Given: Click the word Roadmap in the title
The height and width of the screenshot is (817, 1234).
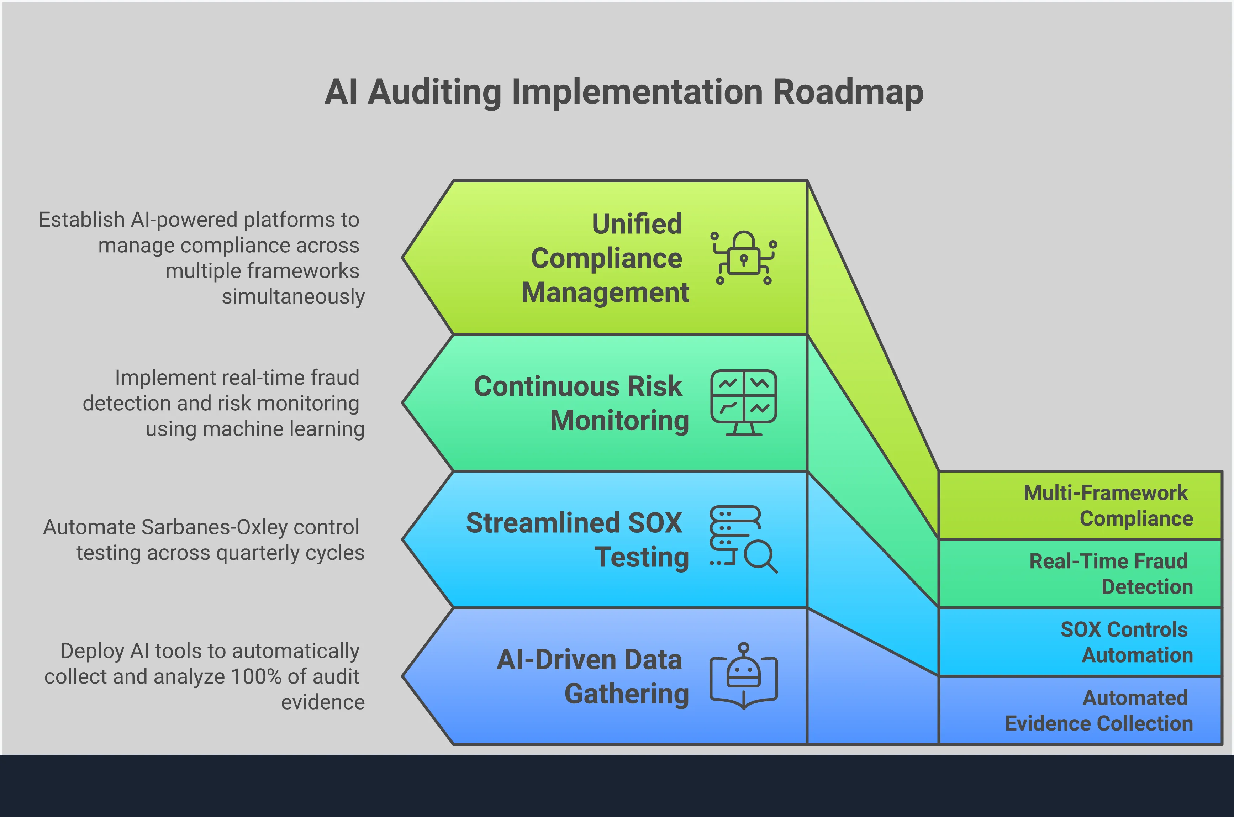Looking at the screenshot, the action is click(848, 92).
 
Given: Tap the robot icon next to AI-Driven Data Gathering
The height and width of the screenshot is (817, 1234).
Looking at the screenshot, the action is click(744, 676).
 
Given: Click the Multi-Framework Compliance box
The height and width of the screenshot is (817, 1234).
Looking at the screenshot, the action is click(1080, 505).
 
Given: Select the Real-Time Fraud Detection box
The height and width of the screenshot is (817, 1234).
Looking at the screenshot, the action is click(1080, 574).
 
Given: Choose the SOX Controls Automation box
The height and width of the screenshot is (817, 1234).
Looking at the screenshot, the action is click(1080, 642).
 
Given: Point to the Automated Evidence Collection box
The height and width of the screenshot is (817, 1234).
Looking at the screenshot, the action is click(1080, 710).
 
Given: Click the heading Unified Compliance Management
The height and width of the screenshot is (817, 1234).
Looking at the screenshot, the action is click(605, 258).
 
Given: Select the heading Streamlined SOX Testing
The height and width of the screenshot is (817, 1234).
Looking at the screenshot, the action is click(577, 540).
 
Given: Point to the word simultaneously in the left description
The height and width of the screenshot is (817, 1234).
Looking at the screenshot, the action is click(293, 296).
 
